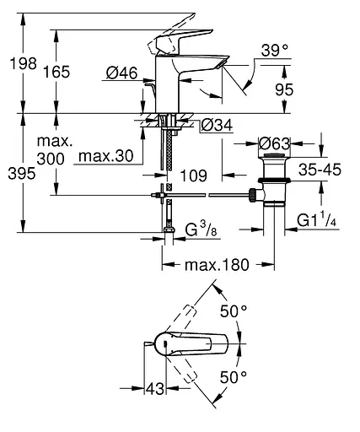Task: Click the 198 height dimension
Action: tap(24, 63)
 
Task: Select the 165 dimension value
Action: tap(56, 72)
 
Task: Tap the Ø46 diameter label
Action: tap(122, 73)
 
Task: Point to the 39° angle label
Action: tap(275, 51)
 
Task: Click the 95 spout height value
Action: tap(284, 89)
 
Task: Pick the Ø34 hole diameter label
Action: tap(218, 125)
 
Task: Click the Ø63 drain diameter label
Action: tap(274, 143)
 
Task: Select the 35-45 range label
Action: tap(320, 170)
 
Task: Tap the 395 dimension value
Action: tap(22, 173)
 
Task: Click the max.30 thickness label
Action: tap(106, 156)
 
